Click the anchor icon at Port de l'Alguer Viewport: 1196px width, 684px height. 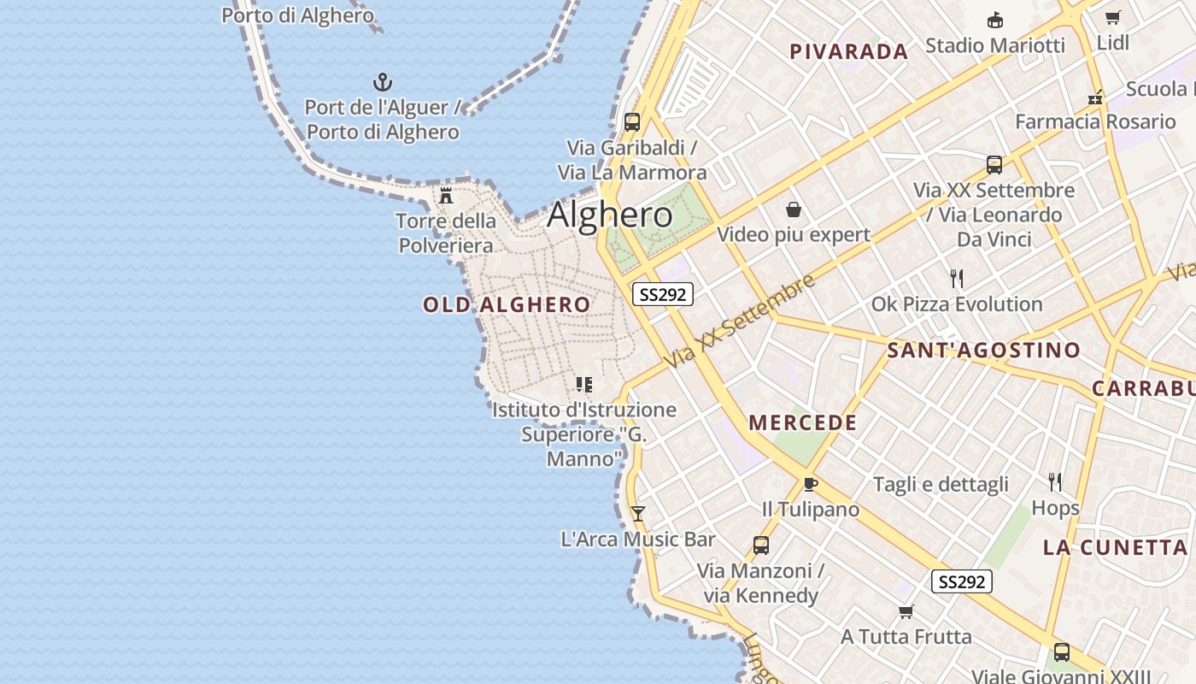click(383, 82)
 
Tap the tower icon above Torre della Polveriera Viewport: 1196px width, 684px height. click(446, 196)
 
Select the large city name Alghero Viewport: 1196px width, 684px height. click(610, 215)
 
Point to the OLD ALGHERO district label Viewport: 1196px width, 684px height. click(507, 305)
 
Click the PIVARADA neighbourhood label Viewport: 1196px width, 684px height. click(848, 51)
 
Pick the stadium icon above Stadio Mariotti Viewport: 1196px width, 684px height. click(995, 21)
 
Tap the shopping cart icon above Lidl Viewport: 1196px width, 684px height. click(1112, 18)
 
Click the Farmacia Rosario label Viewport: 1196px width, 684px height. click(1095, 121)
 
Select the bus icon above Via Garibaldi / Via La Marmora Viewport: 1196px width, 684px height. click(632, 122)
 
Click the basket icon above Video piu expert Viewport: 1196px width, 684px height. click(794, 209)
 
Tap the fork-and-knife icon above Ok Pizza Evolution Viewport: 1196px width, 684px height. click(957, 279)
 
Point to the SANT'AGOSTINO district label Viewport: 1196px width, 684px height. click(983, 350)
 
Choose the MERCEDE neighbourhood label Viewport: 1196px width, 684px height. click(802, 422)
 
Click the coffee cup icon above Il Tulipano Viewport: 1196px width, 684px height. click(810, 485)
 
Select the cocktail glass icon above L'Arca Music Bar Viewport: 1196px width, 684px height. click(638, 514)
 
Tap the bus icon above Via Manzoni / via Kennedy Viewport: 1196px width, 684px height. click(760, 545)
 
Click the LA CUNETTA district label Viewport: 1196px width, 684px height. click(1115, 547)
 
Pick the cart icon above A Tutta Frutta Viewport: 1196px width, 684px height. click(906, 611)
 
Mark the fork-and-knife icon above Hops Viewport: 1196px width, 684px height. click(1055, 482)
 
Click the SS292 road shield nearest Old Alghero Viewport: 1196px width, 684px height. click(663, 294)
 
